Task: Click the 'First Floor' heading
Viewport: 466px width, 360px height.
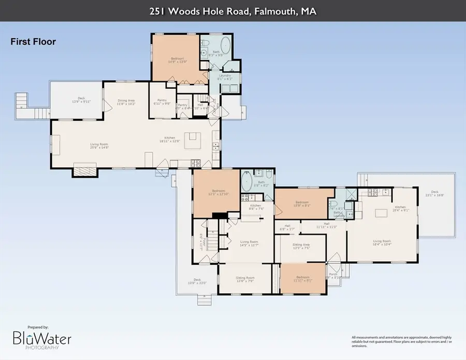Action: click(33, 42)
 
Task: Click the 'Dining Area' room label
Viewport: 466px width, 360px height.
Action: click(126, 103)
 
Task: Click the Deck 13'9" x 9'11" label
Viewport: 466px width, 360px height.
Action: click(81, 100)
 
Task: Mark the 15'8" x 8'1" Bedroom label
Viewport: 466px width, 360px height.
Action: click(302, 203)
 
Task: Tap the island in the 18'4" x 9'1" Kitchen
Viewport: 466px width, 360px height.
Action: click(382, 213)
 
